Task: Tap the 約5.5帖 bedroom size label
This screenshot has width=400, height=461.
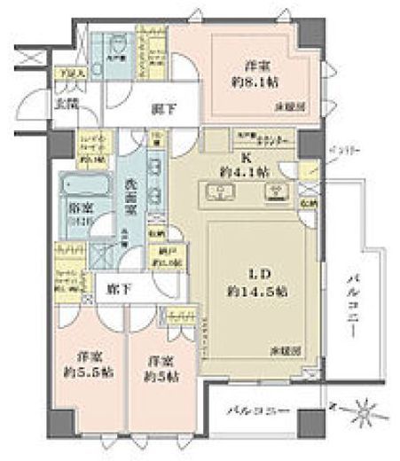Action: [x=82, y=379]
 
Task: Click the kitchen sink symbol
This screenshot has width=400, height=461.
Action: [x=216, y=191]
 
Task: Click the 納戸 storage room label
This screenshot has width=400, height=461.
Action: [x=163, y=263]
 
